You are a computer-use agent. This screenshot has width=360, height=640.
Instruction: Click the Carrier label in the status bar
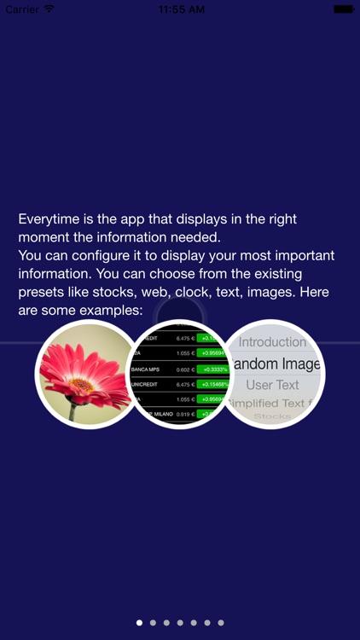(22, 9)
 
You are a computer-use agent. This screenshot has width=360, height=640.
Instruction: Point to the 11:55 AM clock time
(180, 9)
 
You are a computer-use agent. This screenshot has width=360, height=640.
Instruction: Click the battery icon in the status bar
(344, 9)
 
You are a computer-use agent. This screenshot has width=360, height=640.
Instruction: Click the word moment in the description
(45, 237)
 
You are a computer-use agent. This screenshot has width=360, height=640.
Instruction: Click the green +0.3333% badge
(212, 369)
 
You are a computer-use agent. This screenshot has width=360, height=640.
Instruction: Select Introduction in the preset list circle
(272, 342)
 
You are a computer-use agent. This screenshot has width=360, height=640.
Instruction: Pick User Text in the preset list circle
(272, 385)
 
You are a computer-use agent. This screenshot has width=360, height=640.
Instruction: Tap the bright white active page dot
(139, 623)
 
